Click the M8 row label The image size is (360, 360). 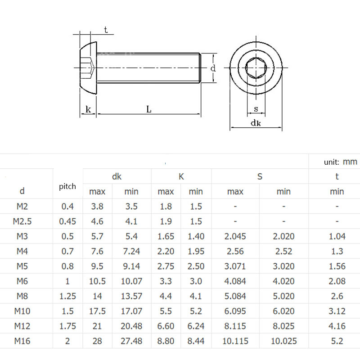[x=22, y=296]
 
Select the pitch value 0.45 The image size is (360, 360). [x=67, y=221]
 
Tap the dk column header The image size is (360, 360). [x=117, y=176]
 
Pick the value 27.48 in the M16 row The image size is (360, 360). [x=131, y=341]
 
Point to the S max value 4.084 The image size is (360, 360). [x=235, y=281]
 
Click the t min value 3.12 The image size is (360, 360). [x=337, y=311]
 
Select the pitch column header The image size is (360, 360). [x=67, y=186]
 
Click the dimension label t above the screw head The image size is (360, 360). [x=106, y=30]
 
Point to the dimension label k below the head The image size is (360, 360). [x=88, y=109]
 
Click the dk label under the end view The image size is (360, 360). [x=256, y=123]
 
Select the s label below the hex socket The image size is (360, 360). [x=256, y=108]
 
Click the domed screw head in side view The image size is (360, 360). [x=88, y=68]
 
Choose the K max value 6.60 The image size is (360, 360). [x=166, y=326]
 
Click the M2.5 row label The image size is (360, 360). [x=22, y=221]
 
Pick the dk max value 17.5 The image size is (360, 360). [x=97, y=311]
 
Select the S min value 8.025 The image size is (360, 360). [x=283, y=326]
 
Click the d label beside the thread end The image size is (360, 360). [x=213, y=68]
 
